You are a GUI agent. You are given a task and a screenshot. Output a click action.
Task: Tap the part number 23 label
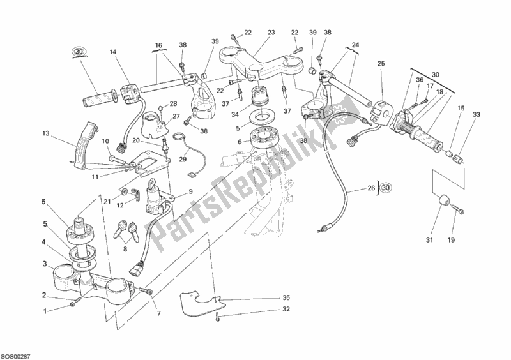tap(271, 33)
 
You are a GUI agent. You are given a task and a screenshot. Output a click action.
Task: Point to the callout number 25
tap(381, 64)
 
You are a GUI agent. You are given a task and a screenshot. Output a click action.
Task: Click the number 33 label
tap(475, 115)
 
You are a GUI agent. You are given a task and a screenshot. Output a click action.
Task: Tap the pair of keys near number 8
tap(128, 229)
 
